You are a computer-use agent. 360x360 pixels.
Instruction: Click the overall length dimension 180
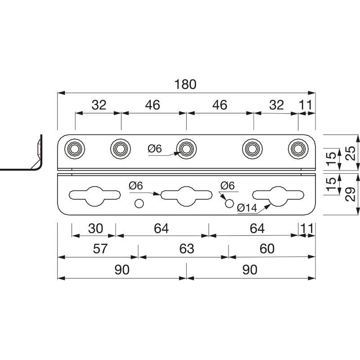[185, 84]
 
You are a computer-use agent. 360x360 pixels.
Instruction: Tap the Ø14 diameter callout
[247, 208]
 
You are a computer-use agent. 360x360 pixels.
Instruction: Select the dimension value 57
[100, 248]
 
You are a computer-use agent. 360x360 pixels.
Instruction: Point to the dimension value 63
[187, 248]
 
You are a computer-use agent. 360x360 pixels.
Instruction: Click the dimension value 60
[267, 248]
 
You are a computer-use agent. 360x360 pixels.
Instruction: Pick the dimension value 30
[95, 229]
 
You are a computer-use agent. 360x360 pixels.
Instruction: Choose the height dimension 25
[351, 153]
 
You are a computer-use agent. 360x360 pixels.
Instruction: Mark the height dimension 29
[351, 194]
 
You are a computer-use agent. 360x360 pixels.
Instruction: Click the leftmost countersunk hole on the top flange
[75, 149]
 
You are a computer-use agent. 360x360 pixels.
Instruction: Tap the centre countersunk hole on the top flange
[186, 149]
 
